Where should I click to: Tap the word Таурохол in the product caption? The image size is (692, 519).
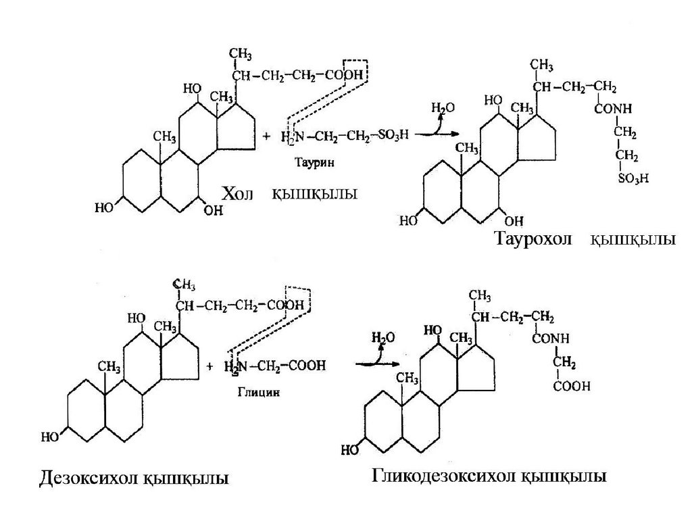point(534,240)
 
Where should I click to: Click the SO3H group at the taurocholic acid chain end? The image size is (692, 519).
point(633,179)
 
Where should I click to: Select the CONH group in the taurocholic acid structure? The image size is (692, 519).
point(612,109)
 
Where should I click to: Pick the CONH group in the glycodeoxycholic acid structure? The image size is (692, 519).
point(551,338)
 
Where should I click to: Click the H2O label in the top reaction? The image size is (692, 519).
point(443,108)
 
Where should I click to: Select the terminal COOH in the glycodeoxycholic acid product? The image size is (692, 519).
point(572,387)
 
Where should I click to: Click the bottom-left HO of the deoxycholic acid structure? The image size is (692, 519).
point(50,437)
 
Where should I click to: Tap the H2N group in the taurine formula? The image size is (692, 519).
point(292,137)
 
